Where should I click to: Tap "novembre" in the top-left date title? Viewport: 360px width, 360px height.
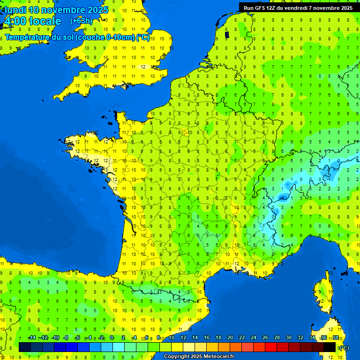[x=64, y=10]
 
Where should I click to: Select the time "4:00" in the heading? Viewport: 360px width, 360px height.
[x=15, y=21]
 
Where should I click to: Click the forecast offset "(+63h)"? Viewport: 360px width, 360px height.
[x=81, y=21]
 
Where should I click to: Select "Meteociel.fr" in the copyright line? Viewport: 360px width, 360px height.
[x=219, y=356]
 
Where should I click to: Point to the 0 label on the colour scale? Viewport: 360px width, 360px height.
[x=112, y=338]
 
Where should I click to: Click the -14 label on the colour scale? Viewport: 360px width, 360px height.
[x=32, y=338]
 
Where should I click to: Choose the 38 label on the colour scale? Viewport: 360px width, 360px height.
[x=335, y=338]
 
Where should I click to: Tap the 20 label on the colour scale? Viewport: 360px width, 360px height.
[x=230, y=338]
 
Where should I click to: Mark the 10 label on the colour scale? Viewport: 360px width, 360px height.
[x=171, y=338]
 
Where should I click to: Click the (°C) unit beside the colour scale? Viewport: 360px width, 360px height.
[x=344, y=347]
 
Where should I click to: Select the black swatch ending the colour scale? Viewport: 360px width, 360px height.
[x=330, y=347]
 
